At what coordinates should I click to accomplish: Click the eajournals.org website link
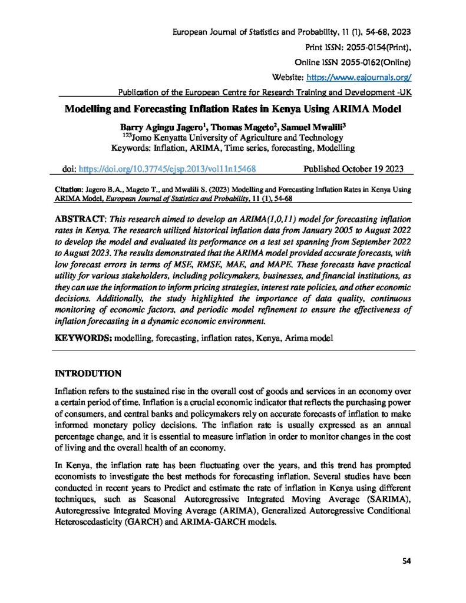[x=357, y=77]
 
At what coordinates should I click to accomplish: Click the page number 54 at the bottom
[x=406, y=561]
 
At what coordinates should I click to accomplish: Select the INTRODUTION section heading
[x=88, y=373]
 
